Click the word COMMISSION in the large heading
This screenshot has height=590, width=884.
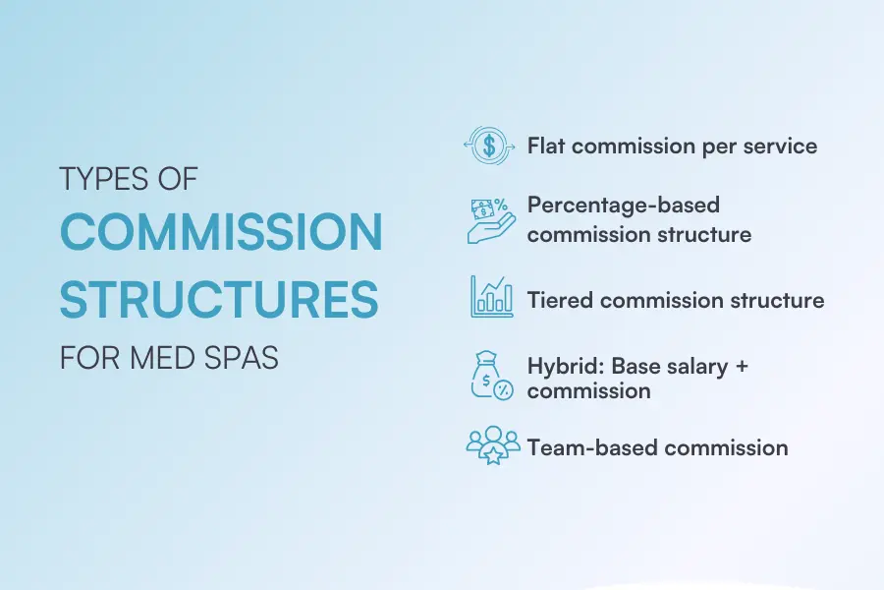pyautogui.click(x=221, y=233)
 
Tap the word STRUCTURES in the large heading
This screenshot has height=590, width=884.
pyautogui.click(x=218, y=299)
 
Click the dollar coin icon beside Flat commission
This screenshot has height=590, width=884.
pyautogui.click(x=489, y=147)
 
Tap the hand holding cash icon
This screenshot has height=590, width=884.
pyautogui.click(x=489, y=220)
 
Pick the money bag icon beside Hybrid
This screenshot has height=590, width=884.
pyautogui.click(x=490, y=378)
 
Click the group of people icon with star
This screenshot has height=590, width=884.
pyautogui.click(x=491, y=445)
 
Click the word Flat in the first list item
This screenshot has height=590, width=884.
pyautogui.click(x=546, y=147)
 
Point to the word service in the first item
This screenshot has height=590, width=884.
pyautogui.click(x=780, y=147)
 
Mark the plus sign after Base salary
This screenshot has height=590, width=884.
pyautogui.click(x=742, y=366)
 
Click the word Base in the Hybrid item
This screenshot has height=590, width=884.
pyautogui.click(x=635, y=366)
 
